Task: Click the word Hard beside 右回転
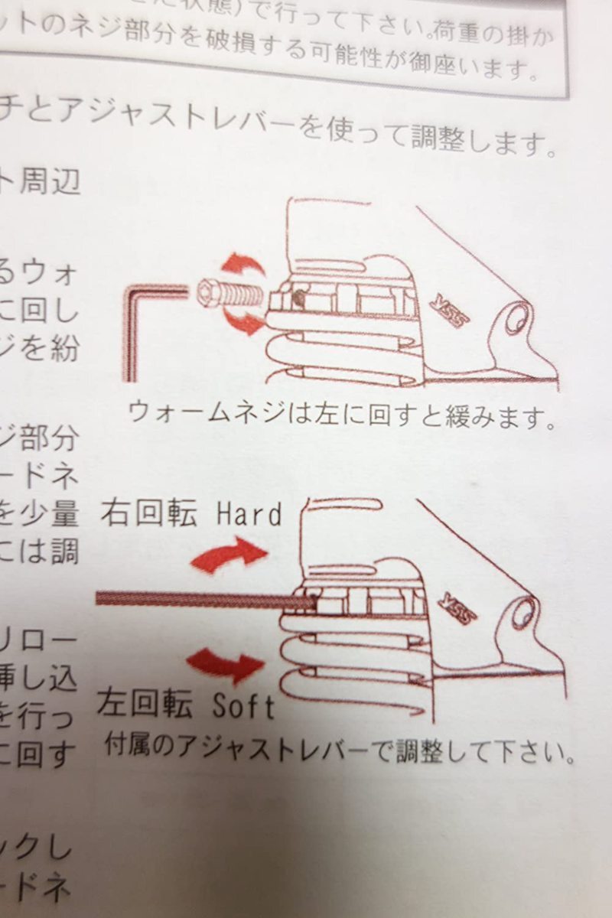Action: pyautogui.click(x=249, y=514)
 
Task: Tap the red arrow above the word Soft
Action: pyautogui.click(x=225, y=664)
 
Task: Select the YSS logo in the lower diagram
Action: pyautogui.click(x=457, y=605)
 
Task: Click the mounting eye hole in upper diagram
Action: pyautogui.click(x=518, y=317)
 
